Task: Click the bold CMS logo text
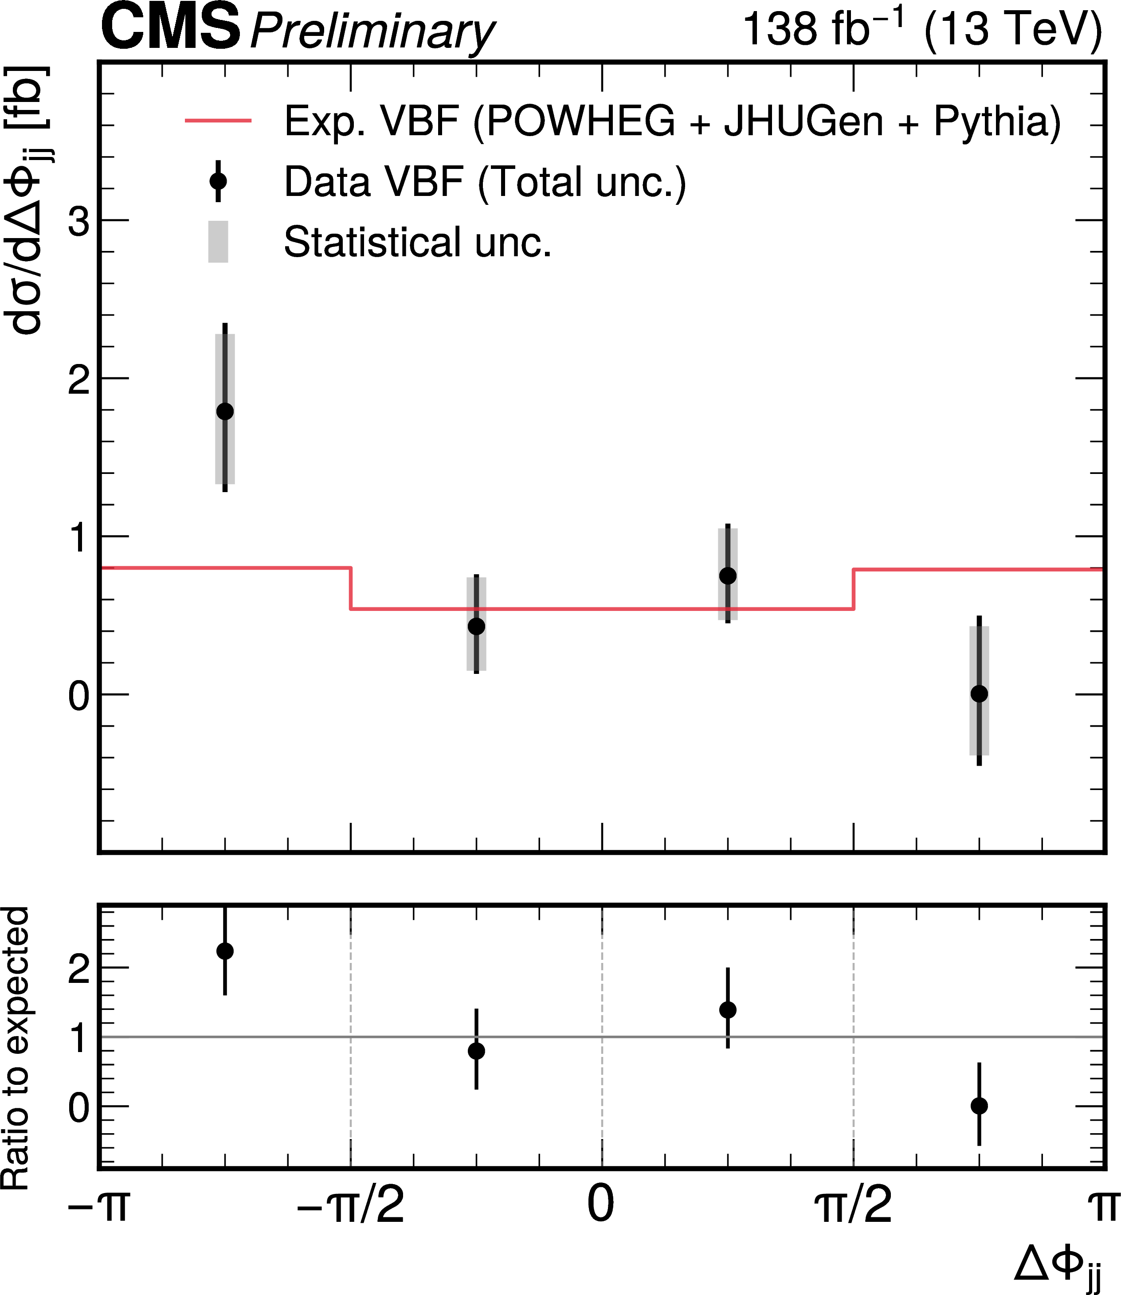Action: (170, 27)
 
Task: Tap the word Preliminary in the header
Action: (372, 32)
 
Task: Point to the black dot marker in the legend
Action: (218, 181)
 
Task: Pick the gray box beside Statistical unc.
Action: (218, 241)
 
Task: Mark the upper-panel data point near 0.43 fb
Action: (476, 626)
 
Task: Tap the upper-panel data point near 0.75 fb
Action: (728, 575)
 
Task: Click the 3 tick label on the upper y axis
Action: (79, 221)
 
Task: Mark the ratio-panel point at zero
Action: (979, 1106)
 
